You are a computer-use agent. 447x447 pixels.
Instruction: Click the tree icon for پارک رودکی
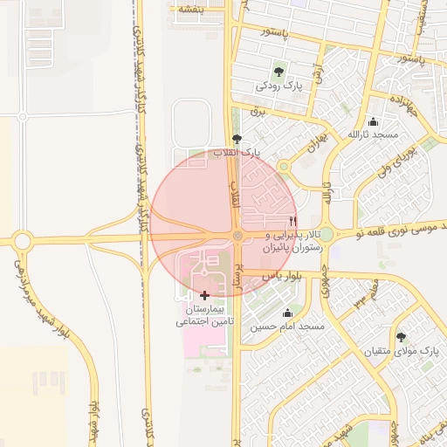tap(278, 72)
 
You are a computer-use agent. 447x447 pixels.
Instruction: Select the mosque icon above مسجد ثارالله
tap(374, 121)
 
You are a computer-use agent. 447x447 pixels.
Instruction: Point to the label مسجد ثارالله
tap(374, 135)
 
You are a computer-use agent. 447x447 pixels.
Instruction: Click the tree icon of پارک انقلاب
tap(237, 139)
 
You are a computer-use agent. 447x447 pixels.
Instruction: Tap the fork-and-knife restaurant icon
tap(293, 222)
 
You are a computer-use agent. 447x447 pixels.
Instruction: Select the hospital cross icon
tap(205, 296)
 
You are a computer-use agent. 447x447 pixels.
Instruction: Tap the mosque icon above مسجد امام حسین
tap(287, 313)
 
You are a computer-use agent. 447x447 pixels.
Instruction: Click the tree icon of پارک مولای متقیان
tap(401, 337)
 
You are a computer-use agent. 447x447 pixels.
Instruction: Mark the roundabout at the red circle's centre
tap(237, 236)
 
